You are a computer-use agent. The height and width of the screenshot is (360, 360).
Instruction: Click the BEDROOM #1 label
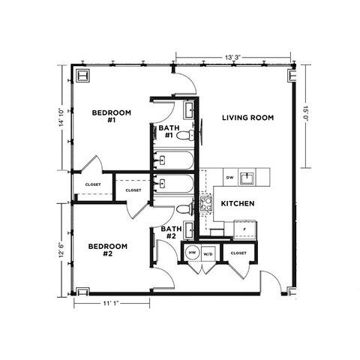(111, 116)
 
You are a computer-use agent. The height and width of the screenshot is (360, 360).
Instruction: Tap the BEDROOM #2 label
(107, 250)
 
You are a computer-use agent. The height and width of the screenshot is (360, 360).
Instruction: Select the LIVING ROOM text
(247, 118)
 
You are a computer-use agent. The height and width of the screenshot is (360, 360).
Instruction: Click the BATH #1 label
(166, 132)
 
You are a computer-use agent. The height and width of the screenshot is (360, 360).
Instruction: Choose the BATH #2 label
(172, 232)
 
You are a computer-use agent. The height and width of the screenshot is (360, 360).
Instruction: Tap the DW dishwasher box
(229, 178)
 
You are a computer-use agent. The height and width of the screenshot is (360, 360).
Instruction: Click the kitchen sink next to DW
(257, 178)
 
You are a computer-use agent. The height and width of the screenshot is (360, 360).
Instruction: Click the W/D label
(208, 253)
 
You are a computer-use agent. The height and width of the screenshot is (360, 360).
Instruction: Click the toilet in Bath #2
(184, 211)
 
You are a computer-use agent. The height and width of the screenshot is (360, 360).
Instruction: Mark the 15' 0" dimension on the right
(306, 117)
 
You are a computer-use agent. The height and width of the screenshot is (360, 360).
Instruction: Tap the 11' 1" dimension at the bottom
(111, 302)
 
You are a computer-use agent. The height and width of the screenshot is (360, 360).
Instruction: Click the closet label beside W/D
(238, 253)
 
